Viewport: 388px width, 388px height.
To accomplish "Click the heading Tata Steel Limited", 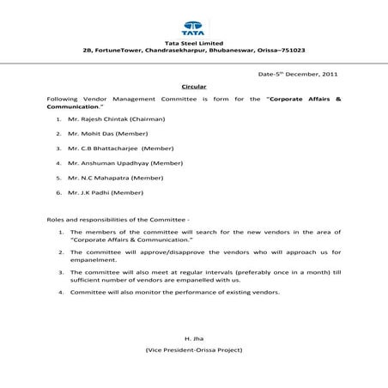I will click(193, 43).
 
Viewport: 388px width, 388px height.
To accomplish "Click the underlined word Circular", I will click(194, 88).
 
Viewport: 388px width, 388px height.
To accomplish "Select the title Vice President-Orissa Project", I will click(194, 353).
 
